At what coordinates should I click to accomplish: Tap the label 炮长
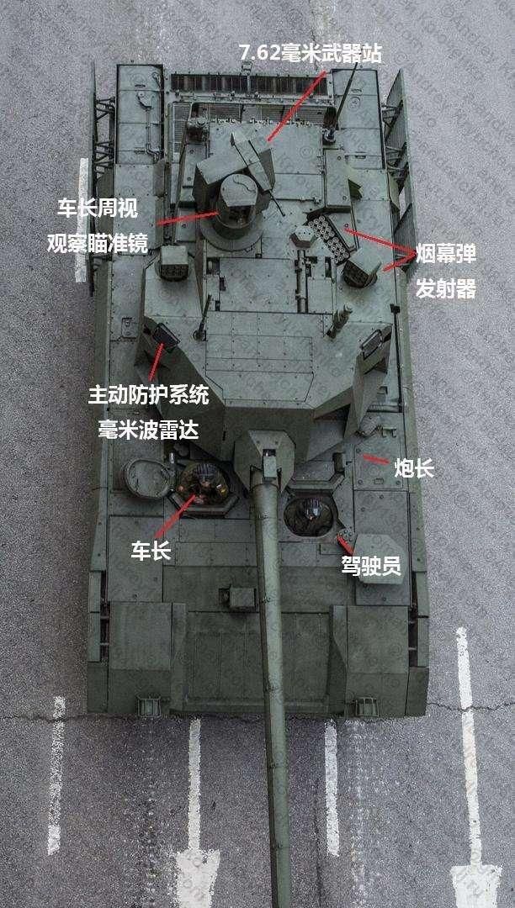[415, 468]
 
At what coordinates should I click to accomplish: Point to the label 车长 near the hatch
[151, 551]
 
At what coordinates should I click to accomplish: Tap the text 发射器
[446, 289]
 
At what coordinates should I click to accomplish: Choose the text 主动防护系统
[148, 395]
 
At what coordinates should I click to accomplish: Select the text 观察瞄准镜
[97, 243]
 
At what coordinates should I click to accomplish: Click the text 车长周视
[97, 208]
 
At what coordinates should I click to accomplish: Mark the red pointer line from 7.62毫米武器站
[295, 105]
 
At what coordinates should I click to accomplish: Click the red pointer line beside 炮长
[374, 461]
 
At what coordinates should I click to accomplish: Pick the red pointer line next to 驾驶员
[345, 543]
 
